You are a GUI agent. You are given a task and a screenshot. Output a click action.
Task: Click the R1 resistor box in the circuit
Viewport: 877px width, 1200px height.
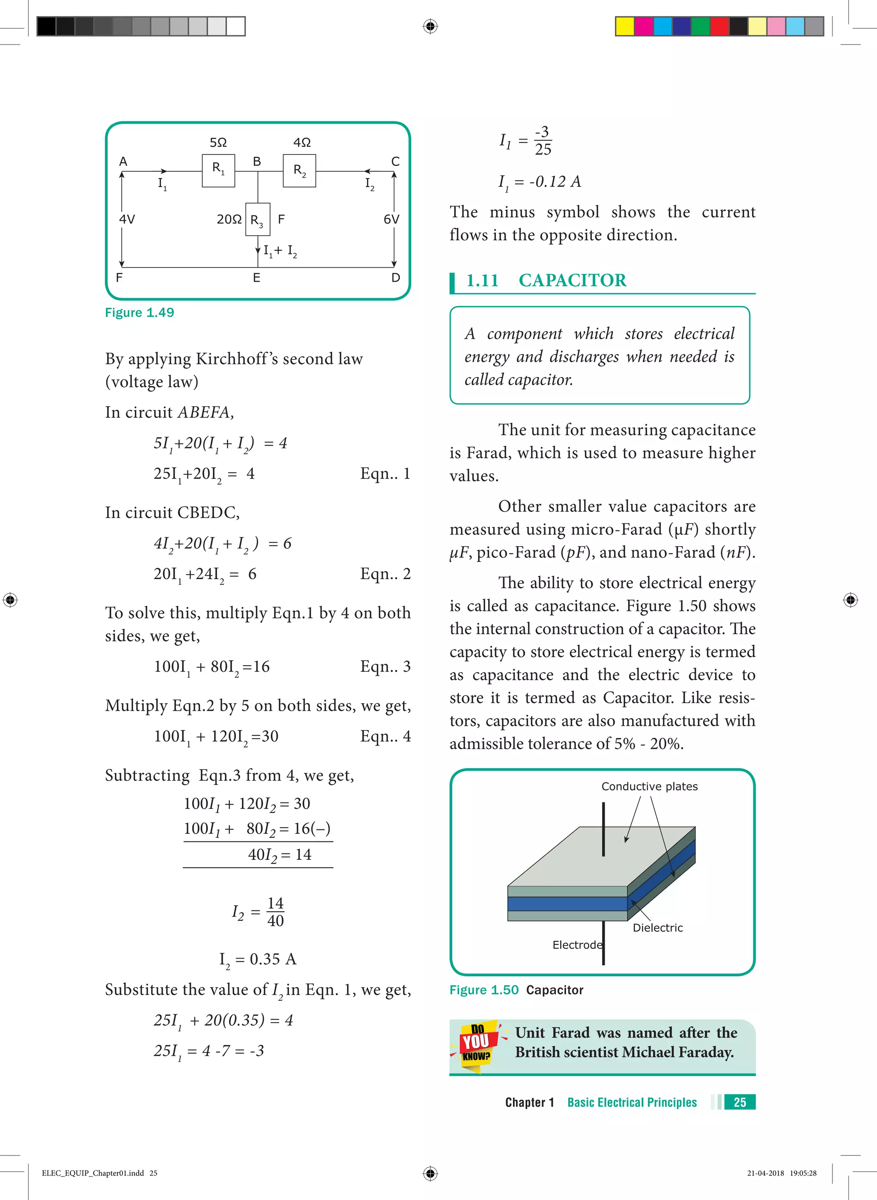(218, 171)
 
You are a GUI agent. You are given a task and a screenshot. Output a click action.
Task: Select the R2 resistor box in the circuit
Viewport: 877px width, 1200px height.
(299, 171)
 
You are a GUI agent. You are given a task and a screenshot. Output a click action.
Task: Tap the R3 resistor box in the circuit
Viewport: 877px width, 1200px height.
(257, 219)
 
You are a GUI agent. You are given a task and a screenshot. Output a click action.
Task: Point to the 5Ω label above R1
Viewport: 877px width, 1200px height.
(218, 142)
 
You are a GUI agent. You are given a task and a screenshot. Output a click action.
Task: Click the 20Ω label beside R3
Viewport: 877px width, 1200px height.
(229, 219)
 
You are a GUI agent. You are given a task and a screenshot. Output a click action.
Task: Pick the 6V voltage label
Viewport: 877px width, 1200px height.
(391, 219)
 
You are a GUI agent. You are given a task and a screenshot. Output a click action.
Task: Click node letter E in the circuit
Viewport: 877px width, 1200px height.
(257, 278)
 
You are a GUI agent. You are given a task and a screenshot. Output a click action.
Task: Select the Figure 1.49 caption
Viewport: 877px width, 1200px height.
(140, 312)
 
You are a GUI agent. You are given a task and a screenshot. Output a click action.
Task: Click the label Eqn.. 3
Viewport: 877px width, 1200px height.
(385, 666)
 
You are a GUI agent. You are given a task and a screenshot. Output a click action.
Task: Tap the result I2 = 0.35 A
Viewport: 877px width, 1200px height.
(258, 959)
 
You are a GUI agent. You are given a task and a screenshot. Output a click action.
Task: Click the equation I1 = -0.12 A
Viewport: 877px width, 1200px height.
(540, 182)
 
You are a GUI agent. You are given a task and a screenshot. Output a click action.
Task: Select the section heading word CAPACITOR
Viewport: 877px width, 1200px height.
(572, 280)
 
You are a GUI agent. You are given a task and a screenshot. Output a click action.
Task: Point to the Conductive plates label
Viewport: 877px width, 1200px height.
(649, 787)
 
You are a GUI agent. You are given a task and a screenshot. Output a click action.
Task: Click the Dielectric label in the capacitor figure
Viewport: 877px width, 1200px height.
(657, 928)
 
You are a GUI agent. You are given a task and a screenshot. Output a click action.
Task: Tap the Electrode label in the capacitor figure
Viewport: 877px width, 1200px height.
(577, 945)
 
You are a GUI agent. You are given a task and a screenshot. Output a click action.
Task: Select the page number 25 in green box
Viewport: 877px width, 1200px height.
(740, 1102)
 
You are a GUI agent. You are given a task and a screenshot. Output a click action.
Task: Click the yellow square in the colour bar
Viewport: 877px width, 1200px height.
(624, 26)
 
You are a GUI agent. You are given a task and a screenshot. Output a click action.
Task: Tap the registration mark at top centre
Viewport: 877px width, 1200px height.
(430, 26)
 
